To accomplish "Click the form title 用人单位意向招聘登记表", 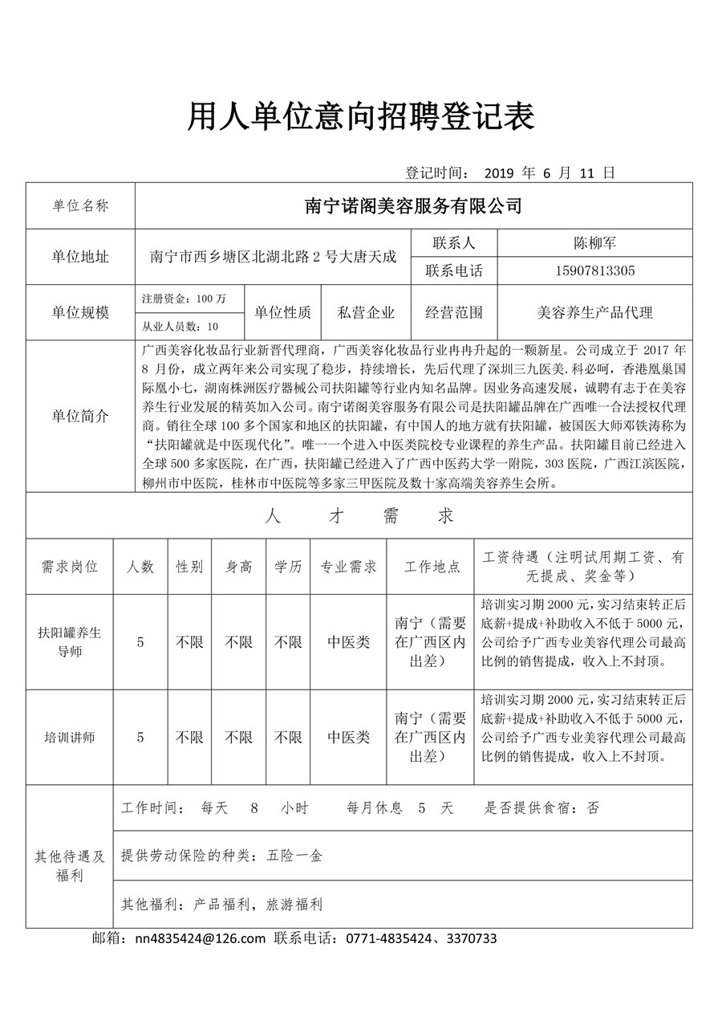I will pos(361,118).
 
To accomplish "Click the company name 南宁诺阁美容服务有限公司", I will pos(413,206).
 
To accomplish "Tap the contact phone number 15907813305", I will pos(594,271).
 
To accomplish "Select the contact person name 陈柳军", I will pos(594,242).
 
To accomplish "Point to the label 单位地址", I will pos(80,257).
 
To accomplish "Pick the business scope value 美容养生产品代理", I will pos(594,312).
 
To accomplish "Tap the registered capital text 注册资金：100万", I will pos(184,299).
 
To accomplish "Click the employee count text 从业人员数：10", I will pos(180,327).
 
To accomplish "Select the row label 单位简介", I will pos(80,417).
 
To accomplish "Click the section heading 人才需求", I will pos(359,515).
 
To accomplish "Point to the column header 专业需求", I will pos(349,567).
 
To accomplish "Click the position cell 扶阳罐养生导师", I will pos(70,642).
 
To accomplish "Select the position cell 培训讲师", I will pos(70,737).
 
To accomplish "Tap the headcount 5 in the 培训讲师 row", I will pos(140,737).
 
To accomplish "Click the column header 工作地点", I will pos(432,567).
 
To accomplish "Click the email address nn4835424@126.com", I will pos(200,938).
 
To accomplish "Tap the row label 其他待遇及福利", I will pos(70,866).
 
